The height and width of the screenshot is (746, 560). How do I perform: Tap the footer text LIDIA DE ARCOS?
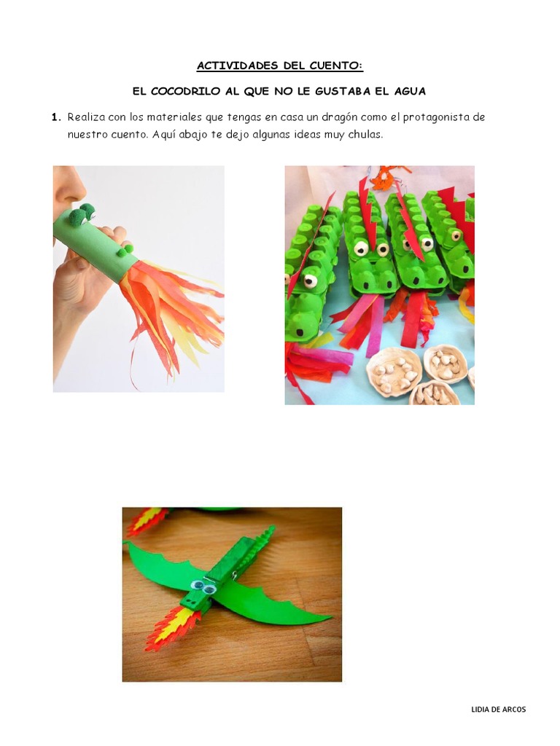tap(499, 710)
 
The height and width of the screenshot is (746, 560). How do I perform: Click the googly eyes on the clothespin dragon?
tap(203, 586)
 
